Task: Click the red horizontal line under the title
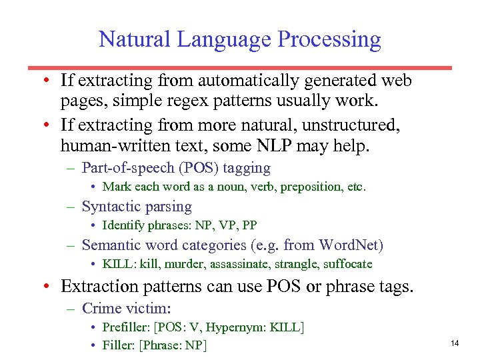point(240,67)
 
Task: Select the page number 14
point(455,343)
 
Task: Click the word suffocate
point(347,264)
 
